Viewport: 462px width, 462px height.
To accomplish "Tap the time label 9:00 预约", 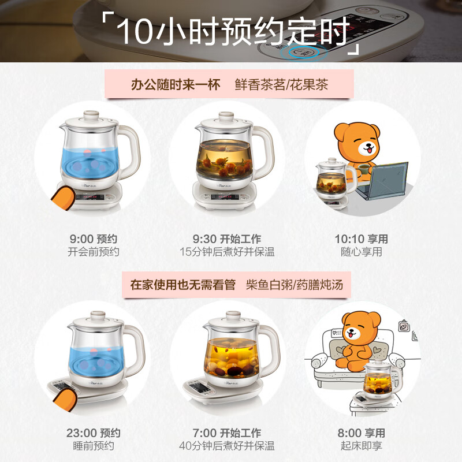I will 93,239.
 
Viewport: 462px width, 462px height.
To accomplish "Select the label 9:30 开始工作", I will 227,239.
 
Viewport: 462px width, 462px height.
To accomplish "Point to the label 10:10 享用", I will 361,239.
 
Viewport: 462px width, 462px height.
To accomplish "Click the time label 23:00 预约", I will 93,433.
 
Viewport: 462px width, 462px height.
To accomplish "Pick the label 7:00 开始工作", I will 227,433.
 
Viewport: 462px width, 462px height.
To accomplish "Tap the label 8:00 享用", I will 361,433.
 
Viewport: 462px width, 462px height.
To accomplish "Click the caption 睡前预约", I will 93,446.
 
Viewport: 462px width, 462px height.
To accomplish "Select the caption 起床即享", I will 361,446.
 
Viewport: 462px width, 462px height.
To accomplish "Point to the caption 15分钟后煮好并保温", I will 227,252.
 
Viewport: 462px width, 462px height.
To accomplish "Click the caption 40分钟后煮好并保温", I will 227,446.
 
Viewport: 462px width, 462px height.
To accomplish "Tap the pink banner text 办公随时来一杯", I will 176,85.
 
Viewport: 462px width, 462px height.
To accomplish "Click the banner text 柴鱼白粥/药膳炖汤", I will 298,285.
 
